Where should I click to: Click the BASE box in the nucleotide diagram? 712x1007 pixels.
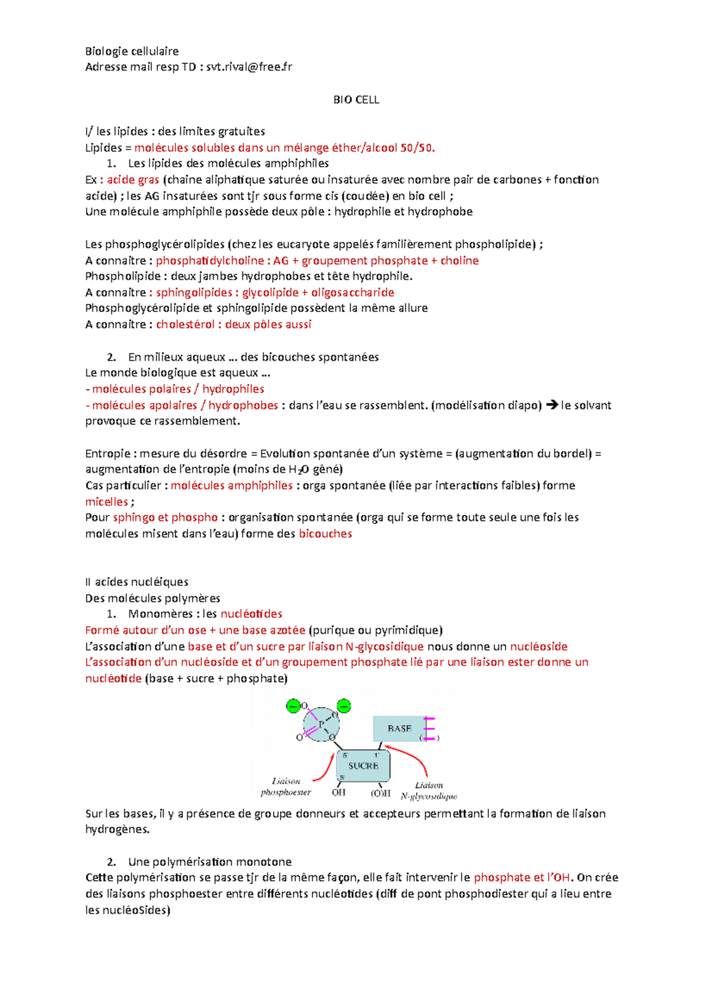tap(399, 728)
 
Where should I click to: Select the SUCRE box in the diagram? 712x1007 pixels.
tap(363, 766)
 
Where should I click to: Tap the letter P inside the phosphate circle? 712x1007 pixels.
tap(321, 724)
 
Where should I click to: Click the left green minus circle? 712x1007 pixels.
tap(293, 706)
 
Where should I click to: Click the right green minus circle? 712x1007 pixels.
tap(344, 706)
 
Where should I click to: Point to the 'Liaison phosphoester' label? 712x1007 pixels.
tap(286, 786)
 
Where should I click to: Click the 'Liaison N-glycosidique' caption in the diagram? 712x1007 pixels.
tap(428, 791)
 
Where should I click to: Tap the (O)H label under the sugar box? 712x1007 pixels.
tap(380, 793)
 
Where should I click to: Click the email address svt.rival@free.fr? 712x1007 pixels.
tap(249, 67)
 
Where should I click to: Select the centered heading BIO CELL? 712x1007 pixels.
tap(356, 100)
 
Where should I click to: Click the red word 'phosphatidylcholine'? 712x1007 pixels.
tap(209, 260)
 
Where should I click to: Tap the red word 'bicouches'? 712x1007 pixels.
tap(325, 534)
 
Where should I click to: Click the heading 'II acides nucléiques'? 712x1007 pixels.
tap(136, 582)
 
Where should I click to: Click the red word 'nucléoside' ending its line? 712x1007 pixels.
tap(539, 646)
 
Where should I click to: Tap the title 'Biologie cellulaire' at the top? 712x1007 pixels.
tap(132, 51)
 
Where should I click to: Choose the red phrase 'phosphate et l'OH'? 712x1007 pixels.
tap(522, 877)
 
